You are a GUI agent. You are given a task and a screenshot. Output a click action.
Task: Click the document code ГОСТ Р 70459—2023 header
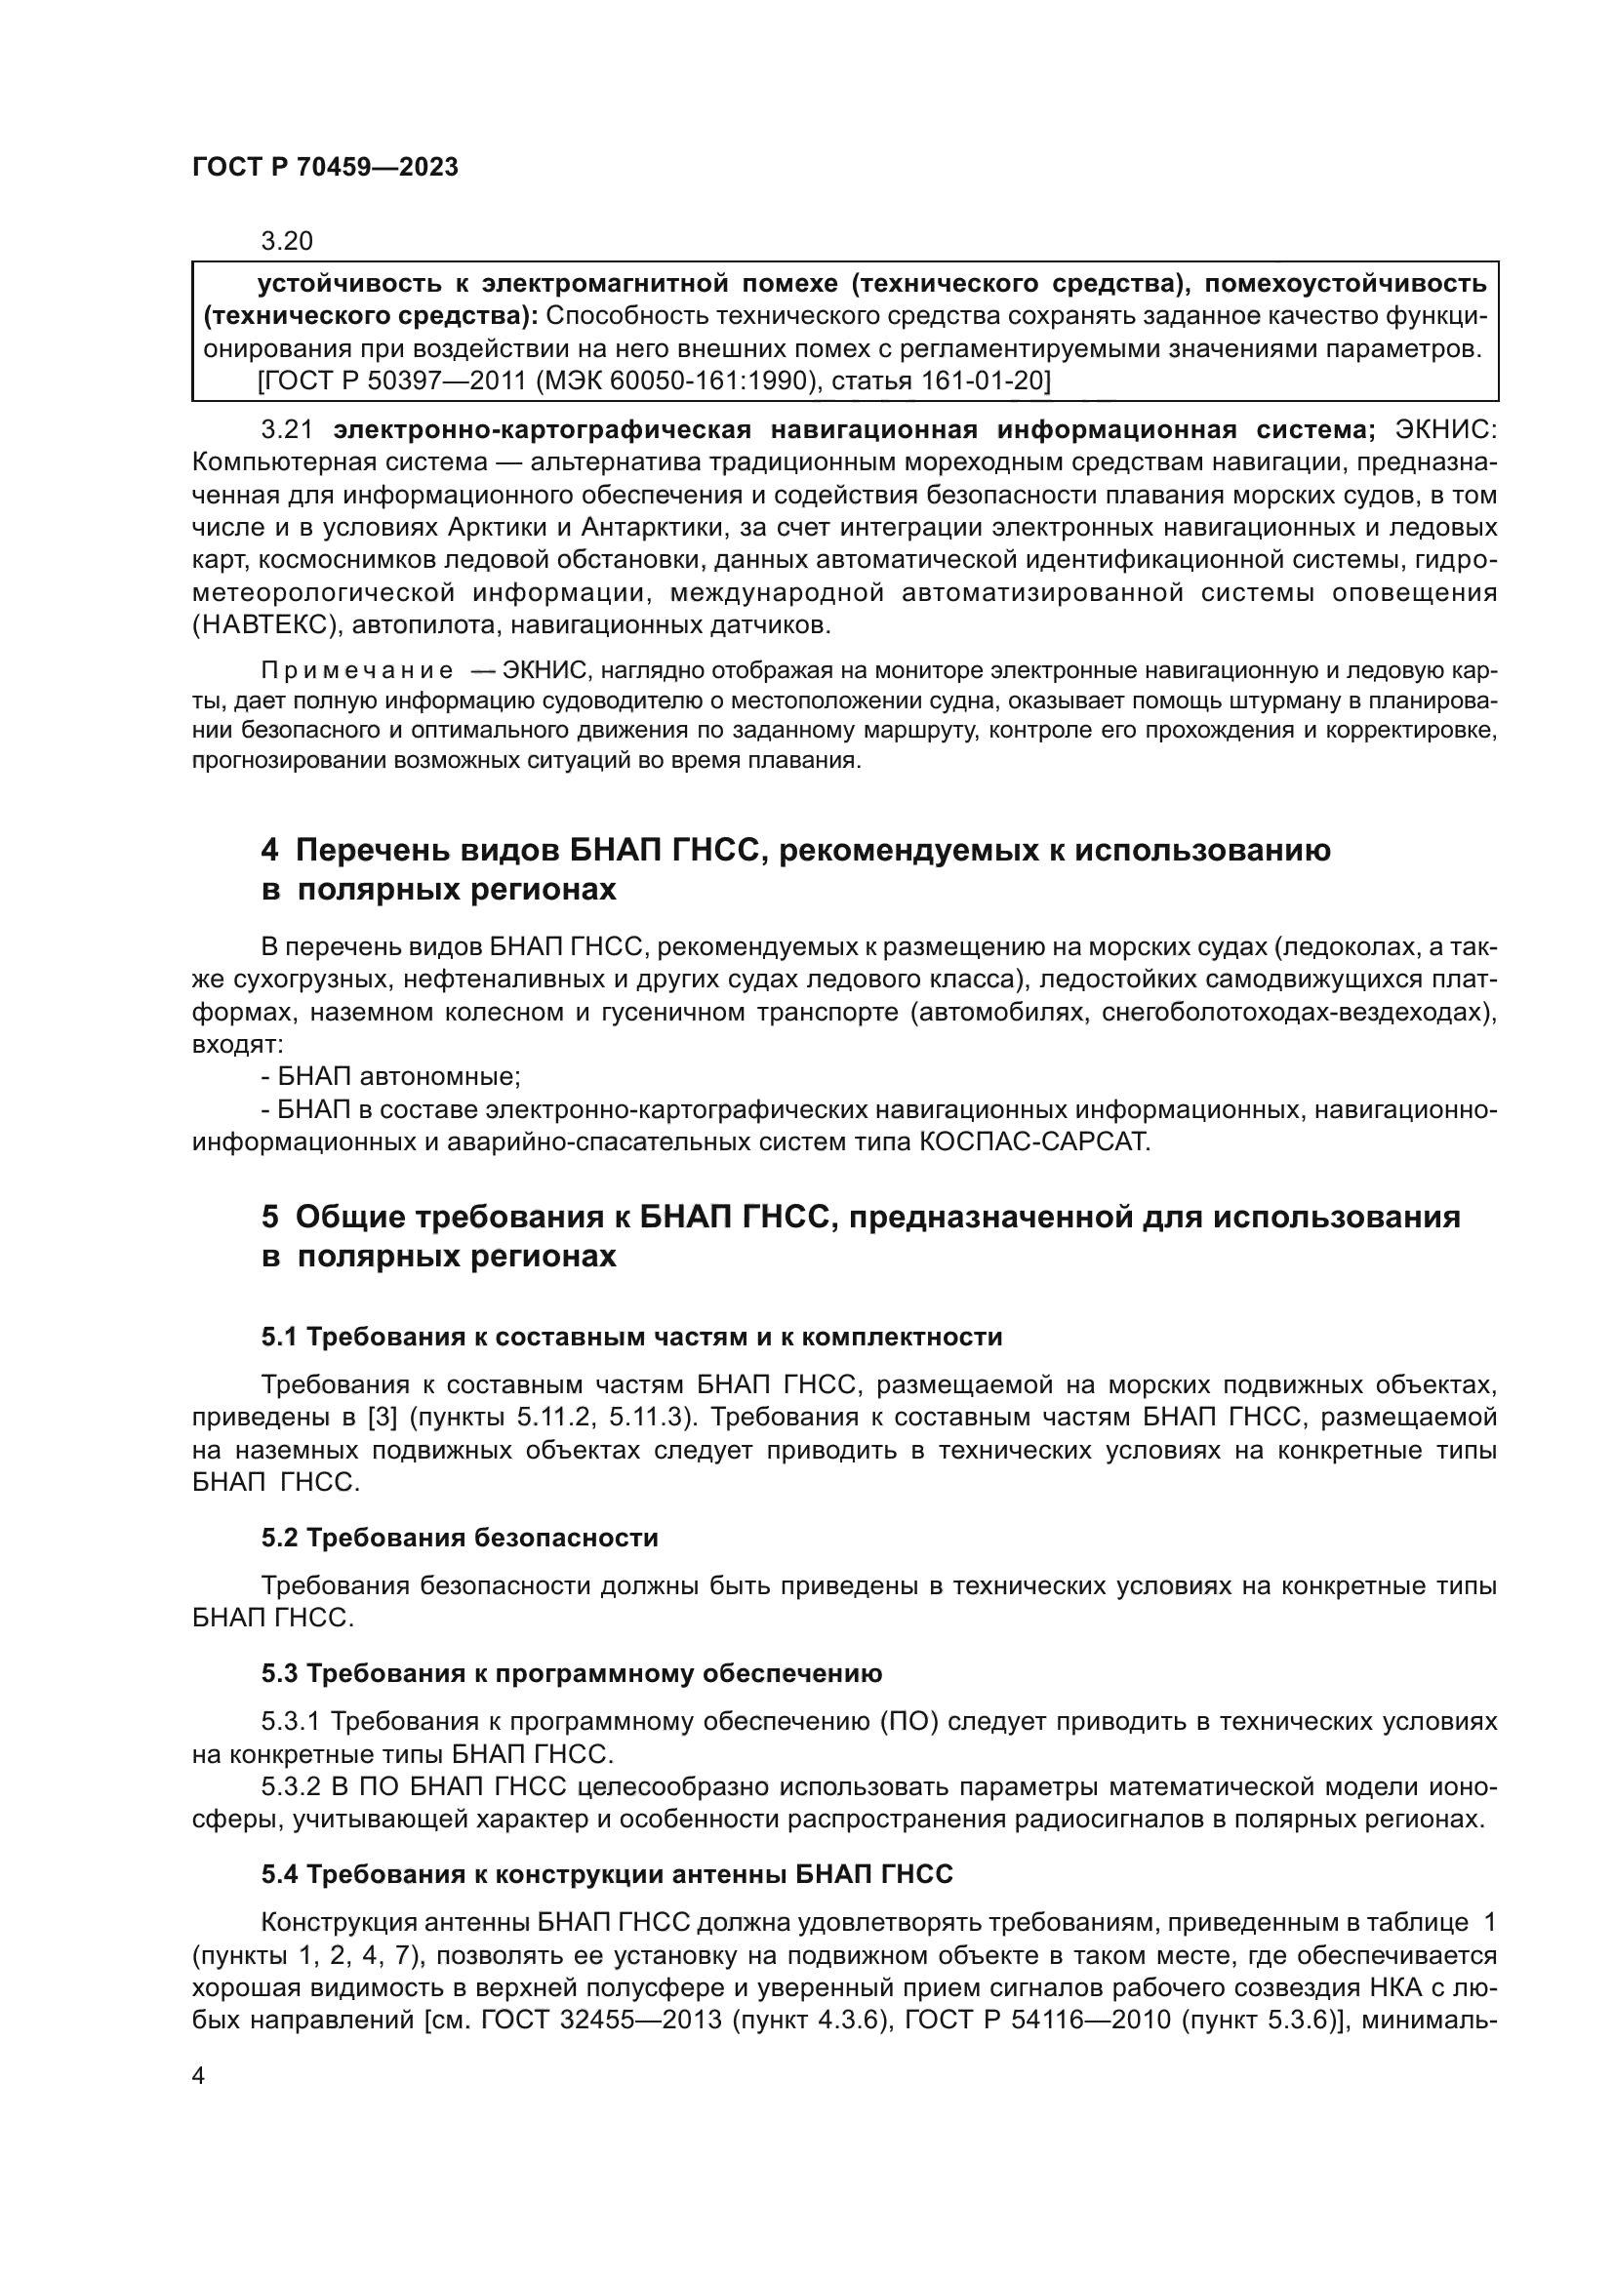click(x=325, y=167)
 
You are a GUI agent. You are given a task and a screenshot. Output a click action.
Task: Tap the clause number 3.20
click(x=286, y=241)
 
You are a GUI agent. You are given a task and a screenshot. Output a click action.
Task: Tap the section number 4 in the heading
click(x=269, y=850)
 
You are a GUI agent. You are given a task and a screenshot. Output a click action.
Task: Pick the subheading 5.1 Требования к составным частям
click(x=631, y=1337)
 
